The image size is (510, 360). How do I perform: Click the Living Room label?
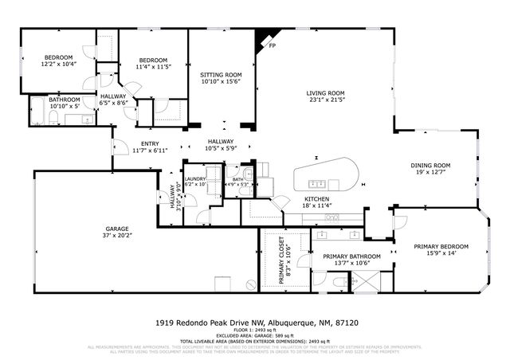pyautogui.click(x=324, y=93)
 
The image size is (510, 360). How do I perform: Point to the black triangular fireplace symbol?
pyautogui.click(x=262, y=41)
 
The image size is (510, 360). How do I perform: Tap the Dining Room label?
pyautogui.click(x=430, y=165)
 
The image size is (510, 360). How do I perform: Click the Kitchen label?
pyautogui.click(x=318, y=198)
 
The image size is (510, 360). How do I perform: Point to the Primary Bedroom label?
pyautogui.click(x=441, y=246)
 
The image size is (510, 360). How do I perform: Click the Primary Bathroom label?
pyautogui.click(x=351, y=256)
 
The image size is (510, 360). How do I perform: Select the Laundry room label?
pyautogui.click(x=195, y=179)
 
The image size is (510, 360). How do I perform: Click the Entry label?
pyautogui.click(x=150, y=143)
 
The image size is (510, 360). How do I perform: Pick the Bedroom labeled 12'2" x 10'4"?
pyautogui.click(x=59, y=57)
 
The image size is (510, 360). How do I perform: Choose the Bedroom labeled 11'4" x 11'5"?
pyautogui.click(x=153, y=61)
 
